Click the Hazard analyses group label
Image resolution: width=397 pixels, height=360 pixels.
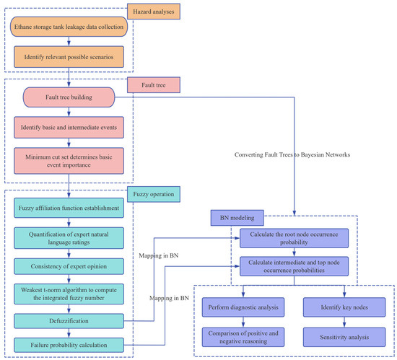pos(154,11)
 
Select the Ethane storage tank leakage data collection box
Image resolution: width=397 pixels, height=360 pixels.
pos(69,28)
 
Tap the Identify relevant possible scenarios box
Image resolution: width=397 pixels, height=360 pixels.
pos(69,55)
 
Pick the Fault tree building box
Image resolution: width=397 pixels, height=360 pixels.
pos(69,96)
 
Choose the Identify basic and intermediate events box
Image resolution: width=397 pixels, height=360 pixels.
pos(69,126)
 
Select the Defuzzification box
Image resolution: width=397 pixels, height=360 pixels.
pos(69,317)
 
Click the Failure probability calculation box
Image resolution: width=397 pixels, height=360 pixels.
pos(69,343)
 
